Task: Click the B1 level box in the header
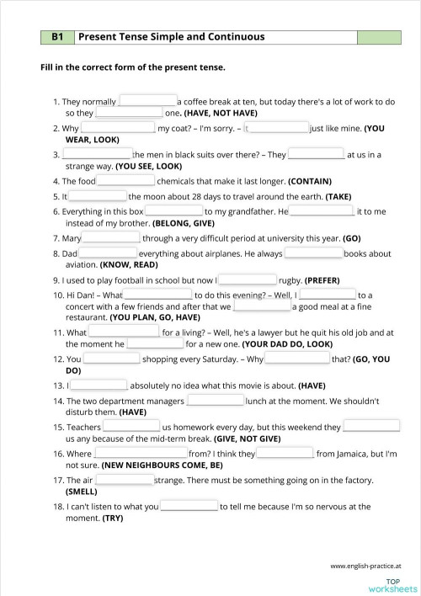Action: coord(58,37)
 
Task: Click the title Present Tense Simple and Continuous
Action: coord(172,37)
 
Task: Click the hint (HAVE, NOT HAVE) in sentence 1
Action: coord(221,113)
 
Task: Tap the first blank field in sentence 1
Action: coord(147,101)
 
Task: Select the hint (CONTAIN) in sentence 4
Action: coord(310,181)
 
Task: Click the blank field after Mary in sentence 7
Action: coord(111,238)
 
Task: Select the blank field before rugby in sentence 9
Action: coord(247,279)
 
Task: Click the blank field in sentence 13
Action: coord(98,386)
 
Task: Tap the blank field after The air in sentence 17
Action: coord(124,480)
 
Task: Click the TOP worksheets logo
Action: coord(392,585)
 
